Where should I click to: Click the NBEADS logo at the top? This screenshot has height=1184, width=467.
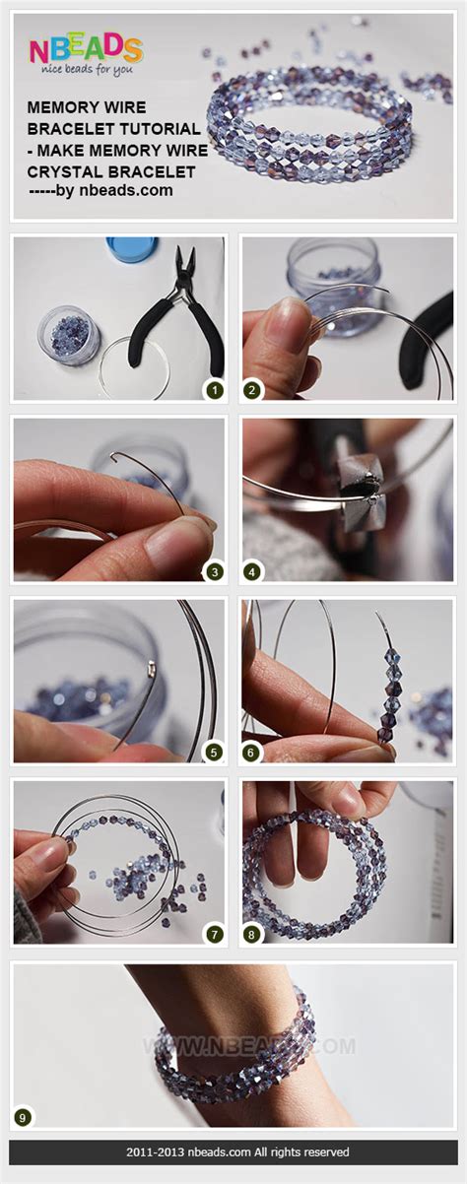85,49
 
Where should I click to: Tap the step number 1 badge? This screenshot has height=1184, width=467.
214,390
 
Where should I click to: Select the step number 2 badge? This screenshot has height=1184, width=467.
252,390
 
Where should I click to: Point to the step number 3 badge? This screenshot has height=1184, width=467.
214,570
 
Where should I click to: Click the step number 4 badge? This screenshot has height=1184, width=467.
252,570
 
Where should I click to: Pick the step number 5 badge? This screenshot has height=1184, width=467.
214,752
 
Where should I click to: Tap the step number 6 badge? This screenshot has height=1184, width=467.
252,752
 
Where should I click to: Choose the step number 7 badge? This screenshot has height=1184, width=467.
214,934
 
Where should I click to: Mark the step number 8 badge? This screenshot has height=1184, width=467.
252,934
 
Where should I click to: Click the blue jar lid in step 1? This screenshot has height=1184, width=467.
131,248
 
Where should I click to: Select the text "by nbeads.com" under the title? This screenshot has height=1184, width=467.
114,191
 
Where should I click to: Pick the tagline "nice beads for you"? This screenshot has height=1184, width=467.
84,71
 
